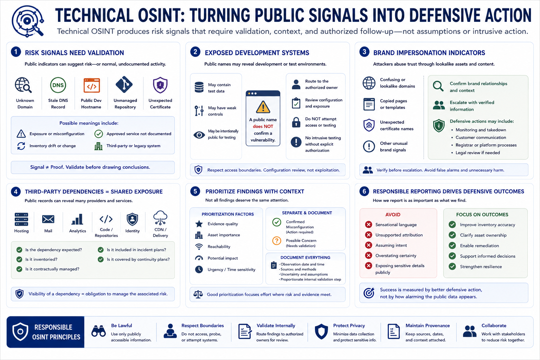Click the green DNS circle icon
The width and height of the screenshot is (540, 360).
(58, 85)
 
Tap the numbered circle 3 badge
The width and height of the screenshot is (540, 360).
(364, 52)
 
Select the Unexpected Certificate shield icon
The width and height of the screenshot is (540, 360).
(160, 85)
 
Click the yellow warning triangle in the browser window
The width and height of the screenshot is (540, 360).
(263, 107)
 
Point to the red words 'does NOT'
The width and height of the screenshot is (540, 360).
(263, 126)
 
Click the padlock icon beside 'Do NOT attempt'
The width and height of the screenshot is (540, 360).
(296, 122)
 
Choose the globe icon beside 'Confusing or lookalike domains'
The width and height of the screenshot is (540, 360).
(369, 83)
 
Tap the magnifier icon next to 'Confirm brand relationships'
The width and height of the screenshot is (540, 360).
(438, 86)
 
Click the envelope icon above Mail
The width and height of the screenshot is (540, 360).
(48, 219)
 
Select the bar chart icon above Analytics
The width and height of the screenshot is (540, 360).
(77, 219)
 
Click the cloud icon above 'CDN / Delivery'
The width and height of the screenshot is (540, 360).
(160, 218)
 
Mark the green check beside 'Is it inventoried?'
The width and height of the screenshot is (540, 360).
(19, 259)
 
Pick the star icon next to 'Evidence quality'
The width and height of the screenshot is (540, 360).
(199, 224)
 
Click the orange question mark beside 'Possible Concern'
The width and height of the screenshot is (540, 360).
(277, 240)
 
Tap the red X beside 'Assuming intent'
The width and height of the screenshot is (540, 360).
(368, 245)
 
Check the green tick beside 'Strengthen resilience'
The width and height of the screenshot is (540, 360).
(452, 266)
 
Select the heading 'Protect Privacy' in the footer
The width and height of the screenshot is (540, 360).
(349, 326)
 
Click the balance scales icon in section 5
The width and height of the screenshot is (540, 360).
(198, 294)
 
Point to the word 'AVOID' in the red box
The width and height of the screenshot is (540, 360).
(393, 214)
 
